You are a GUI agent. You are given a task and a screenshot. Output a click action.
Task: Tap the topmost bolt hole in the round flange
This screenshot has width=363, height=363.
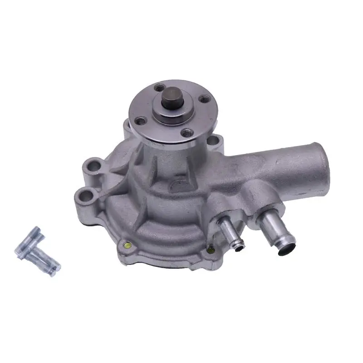[159, 88]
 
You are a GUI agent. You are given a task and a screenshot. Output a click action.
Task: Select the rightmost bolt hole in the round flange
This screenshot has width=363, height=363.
[202, 98]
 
